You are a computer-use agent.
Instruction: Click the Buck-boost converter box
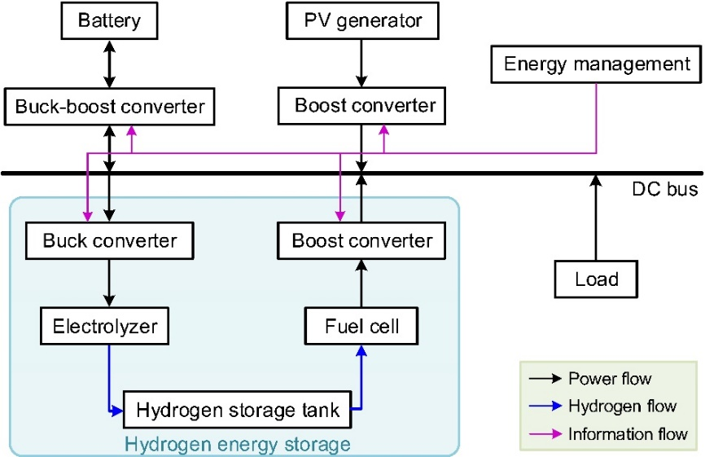(110, 105)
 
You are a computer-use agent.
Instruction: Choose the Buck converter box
(110, 241)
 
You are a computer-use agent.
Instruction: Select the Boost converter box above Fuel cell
(362, 241)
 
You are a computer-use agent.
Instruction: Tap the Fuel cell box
(362, 327)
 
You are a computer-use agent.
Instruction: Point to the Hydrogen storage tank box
(237, 410)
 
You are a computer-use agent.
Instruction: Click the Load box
(597, 279)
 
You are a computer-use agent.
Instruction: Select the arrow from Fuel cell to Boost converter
(362, 284)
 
